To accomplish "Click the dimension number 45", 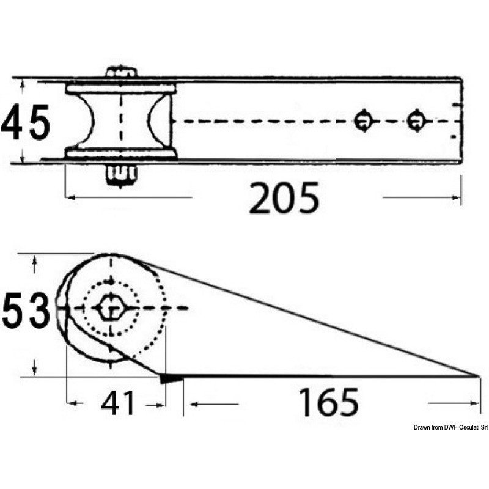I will point(26,122).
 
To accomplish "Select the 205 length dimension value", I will point(284,197).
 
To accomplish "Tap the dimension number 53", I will point(26,310).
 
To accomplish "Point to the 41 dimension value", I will point(117,403).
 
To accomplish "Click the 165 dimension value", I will point(328,403).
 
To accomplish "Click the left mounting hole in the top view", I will point(364,120).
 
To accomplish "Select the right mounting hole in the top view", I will point(416,120).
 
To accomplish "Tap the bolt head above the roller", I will point(121,72).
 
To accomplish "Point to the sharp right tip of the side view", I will point(477,376).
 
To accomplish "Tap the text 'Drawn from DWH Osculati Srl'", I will point(449,427).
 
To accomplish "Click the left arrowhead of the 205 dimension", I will point(69,197).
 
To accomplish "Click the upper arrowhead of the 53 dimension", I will point(35,259).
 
